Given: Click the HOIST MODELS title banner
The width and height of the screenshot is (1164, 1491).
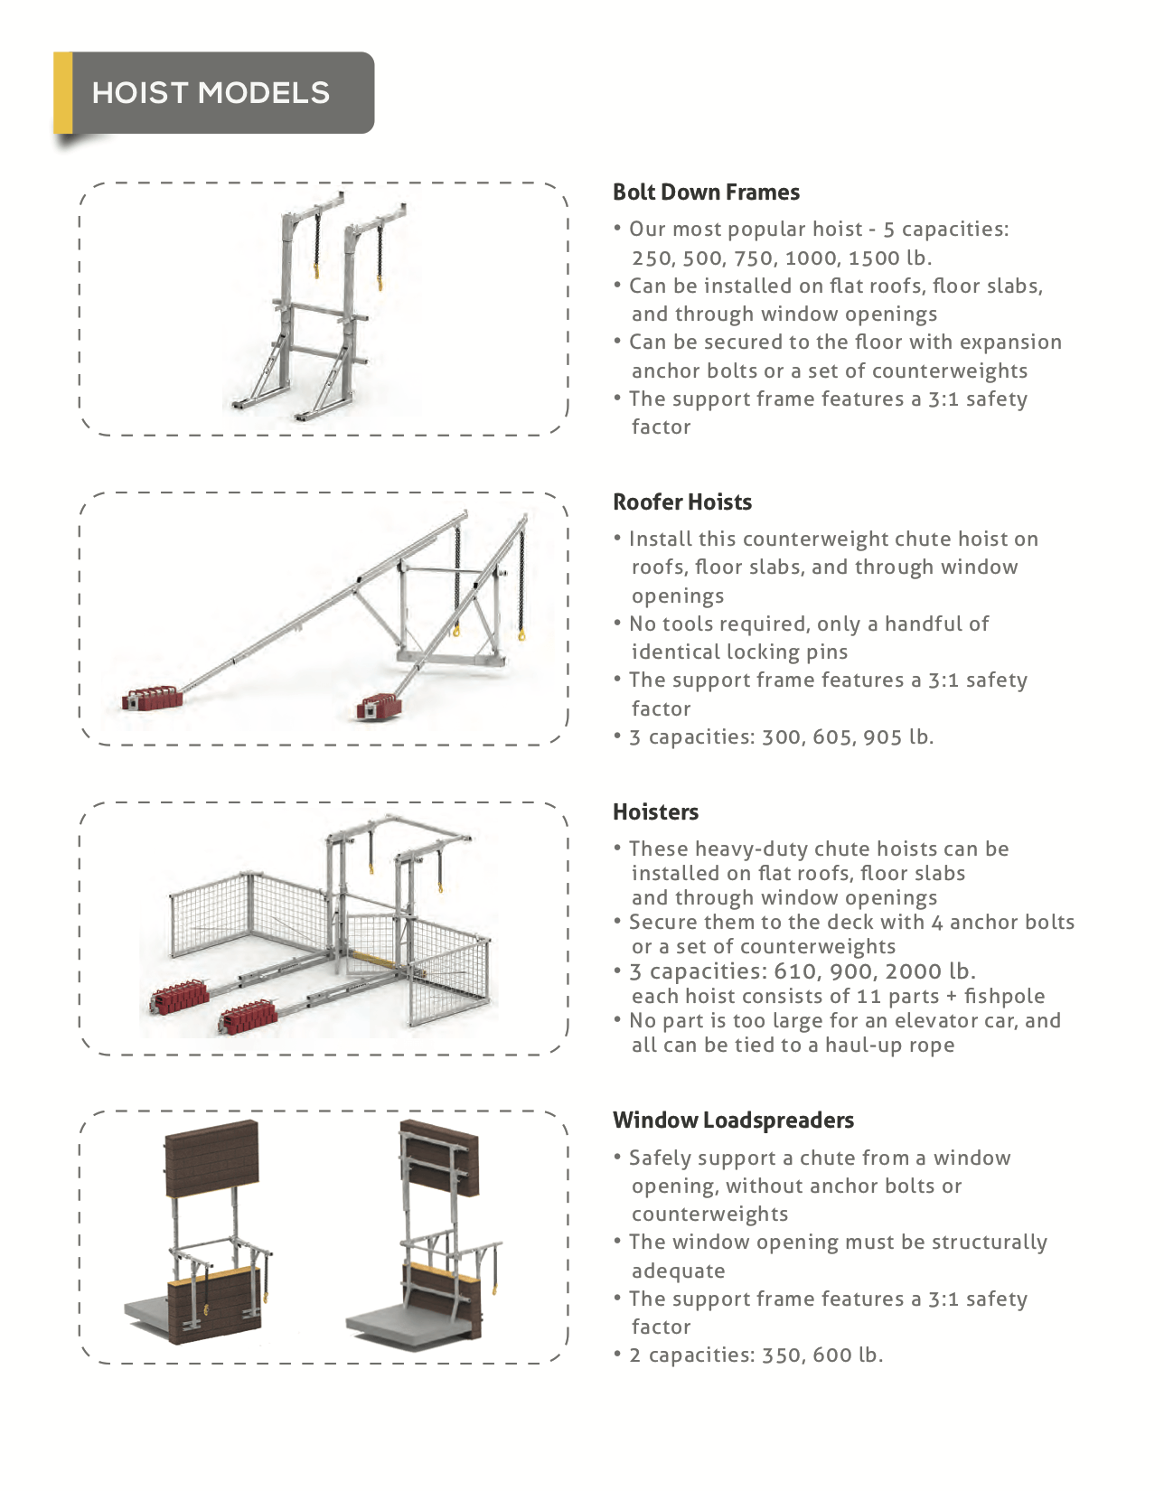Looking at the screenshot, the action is pos(214,93).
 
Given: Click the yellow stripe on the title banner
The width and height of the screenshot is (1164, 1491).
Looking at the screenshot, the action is pos(63,93).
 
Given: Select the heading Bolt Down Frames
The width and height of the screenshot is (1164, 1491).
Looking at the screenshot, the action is pos(706,192).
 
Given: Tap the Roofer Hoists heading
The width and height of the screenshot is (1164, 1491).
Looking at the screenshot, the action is pos(681,502).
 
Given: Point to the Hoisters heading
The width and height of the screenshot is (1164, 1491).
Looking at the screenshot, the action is pos(655,812).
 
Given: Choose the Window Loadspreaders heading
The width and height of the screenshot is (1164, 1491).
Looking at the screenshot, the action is pos(733,1121).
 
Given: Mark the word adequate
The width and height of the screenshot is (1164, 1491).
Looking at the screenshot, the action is pos(678,1271).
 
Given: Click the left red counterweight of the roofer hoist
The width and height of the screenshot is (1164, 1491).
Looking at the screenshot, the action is pos(152,698).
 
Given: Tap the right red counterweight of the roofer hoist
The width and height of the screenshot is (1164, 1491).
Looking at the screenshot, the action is pos(379,706).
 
